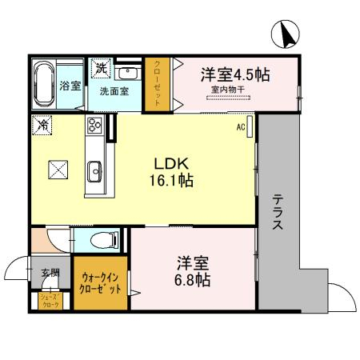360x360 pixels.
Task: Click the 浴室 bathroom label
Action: [70, 86]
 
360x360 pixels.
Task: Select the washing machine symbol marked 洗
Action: [102, 69]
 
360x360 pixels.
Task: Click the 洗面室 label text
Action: [114, 91]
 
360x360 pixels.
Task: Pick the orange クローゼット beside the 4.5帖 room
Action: [158, 84]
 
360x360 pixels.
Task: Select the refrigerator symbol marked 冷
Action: [42, 126]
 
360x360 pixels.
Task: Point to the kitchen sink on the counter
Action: [95, 169]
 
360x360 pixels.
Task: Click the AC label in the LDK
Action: [240, 126]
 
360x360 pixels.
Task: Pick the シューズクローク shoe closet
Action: [50, 300]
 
